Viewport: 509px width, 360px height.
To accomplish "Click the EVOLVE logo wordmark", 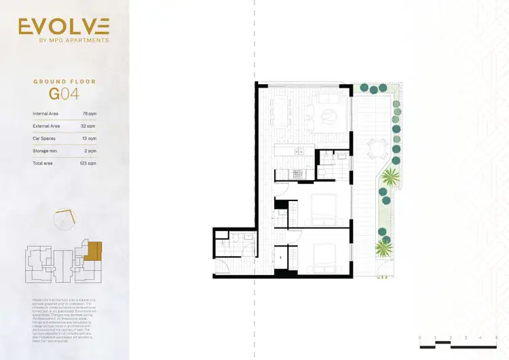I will pyautogui.click(x=64, y=27).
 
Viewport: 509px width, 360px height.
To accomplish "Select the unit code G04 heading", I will pyautogui.click(x=64, y=94).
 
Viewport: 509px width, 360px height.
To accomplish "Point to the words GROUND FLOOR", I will pyautogui.click(x=64, y=82).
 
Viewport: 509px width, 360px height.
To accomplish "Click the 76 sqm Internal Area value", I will pyautogui.click(x=90, y=113).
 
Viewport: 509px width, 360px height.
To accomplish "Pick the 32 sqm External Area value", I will pyautogui.click(x=90, y=126).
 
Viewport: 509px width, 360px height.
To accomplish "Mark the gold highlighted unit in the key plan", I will pyautogui.click(x=94, y=250).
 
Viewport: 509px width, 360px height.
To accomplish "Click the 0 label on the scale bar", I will pyautogui.click(x=420, y=338).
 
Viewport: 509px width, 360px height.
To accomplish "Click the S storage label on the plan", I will pyautogui.click(x=280, y=258).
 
